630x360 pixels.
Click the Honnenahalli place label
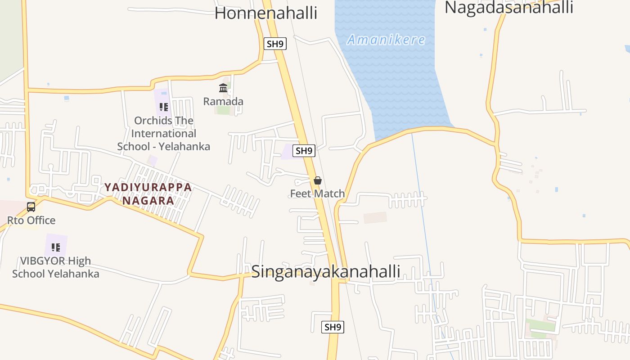point(266,13)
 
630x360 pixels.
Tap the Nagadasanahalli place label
point(508,7)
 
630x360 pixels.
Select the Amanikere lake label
point(386,40)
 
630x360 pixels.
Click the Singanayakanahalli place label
point(325,271)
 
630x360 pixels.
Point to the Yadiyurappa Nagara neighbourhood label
point(148,194)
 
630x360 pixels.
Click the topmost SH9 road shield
point(275,44)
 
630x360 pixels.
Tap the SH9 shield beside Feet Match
point(304,151)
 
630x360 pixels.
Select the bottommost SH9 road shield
point(333,327)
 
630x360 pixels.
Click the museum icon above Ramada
point(223,88)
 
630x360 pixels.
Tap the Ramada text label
point(223,101)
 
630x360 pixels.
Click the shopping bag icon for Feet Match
point(318,180)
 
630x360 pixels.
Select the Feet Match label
point(317,193)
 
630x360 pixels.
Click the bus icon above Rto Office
point(31,207)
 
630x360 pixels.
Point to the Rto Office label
point(31,220)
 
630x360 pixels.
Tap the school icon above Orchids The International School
point(164,107)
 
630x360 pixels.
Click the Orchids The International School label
point(164,133)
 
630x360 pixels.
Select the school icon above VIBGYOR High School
point(56,247)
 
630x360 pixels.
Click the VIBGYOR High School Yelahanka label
point(56,267)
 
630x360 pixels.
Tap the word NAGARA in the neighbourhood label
point(148,201)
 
